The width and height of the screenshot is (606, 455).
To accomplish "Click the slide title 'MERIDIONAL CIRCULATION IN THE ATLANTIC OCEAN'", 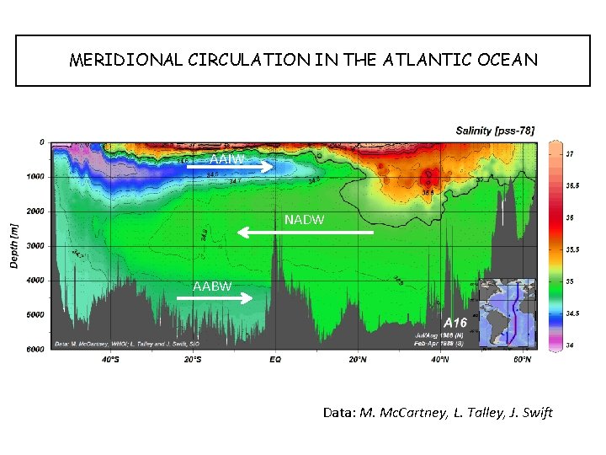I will pyautogui.click(x=303, y=61).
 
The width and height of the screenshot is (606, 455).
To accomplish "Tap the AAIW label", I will pyautogui.click(x=226, y=159).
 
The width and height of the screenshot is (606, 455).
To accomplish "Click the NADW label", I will pyautogui.click(x=304, y=220).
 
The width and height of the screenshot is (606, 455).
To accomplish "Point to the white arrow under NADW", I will pyautogui.click(x=305, y=231).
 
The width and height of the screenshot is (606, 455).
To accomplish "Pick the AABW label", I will pyautogui.click(x=212, y=286).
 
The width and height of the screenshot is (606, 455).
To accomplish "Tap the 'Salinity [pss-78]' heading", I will pyautogui.click(x=494, y=131).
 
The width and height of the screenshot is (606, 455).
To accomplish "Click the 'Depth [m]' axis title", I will pyautogui.click(x=13, y=246).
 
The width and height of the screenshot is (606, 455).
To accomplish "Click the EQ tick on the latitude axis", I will pyautogui.click(x=275, y=360).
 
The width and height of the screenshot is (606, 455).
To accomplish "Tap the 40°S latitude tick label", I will pyautogui.click(x=110, y=360).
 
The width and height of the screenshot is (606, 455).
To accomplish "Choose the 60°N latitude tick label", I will pyautogui.click(x=522, y=360).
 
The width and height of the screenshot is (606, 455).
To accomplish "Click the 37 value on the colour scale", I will pyautogui.click(x=569, y=155).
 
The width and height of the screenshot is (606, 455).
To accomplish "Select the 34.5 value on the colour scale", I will pyautogui.click(x=571, y=313).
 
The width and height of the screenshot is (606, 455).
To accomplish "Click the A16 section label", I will pyautogui.click(x=454, y=323).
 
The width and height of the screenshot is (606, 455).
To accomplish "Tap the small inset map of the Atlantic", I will pyautogui.click(x=507, y=312).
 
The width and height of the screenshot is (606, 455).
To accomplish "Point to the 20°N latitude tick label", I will pyautogui.click(x=358, y=360).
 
